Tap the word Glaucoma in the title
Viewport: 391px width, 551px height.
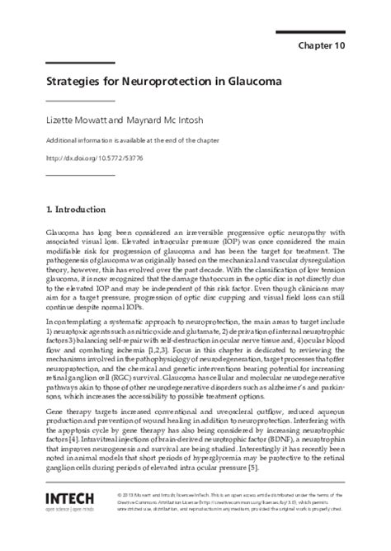tap(248, 82)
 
